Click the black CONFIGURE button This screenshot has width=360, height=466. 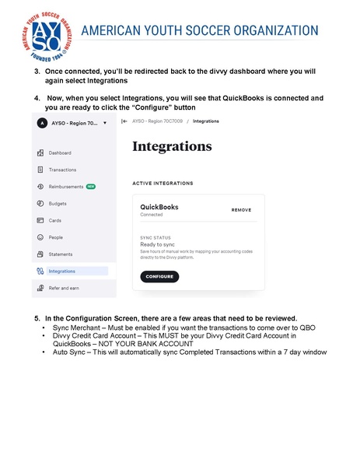coord(159,276)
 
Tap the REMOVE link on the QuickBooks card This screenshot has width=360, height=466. coord(241,210)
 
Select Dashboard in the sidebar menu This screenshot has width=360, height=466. coord(59,152)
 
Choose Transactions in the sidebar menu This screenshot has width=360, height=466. coord(62,170)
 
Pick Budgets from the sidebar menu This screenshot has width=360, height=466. coord(58,203)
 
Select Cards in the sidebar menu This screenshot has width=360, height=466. coord(55,220)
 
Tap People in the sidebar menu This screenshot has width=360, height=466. coord(56,237)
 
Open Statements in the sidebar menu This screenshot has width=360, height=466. coord(61,254)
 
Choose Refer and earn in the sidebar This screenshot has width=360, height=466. coord(64,289)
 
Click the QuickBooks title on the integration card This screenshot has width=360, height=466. coord(159,208)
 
